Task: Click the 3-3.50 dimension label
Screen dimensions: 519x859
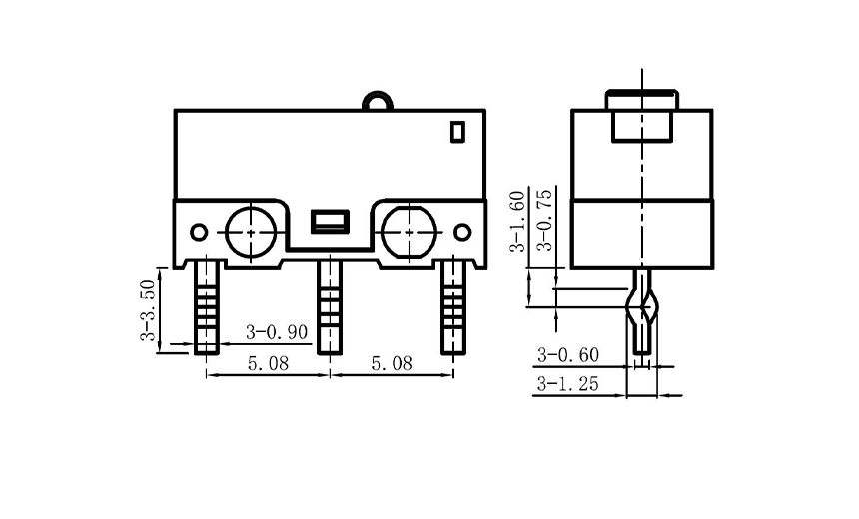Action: tap(148, 310)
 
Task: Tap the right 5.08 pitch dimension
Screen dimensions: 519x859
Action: tap(391, 364)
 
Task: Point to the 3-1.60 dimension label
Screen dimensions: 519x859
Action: tap(517, 220)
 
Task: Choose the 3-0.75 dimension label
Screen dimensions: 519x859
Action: tap(544, 220)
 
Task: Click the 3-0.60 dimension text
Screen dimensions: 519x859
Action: tap(568, 354)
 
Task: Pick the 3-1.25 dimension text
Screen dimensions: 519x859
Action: tap(568, 384)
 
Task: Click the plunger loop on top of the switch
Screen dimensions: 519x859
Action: tap(378, 100)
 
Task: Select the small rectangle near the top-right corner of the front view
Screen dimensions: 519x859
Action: tap(457, 131)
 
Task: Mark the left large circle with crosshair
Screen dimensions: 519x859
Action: tap(250, 231)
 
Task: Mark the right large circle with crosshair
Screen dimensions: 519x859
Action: tap(407, 231)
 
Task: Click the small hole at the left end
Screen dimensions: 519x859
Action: tap(199, 232)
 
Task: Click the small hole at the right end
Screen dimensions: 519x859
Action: tap(462, 232)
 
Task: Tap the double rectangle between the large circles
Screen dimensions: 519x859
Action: tap(329, 221)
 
